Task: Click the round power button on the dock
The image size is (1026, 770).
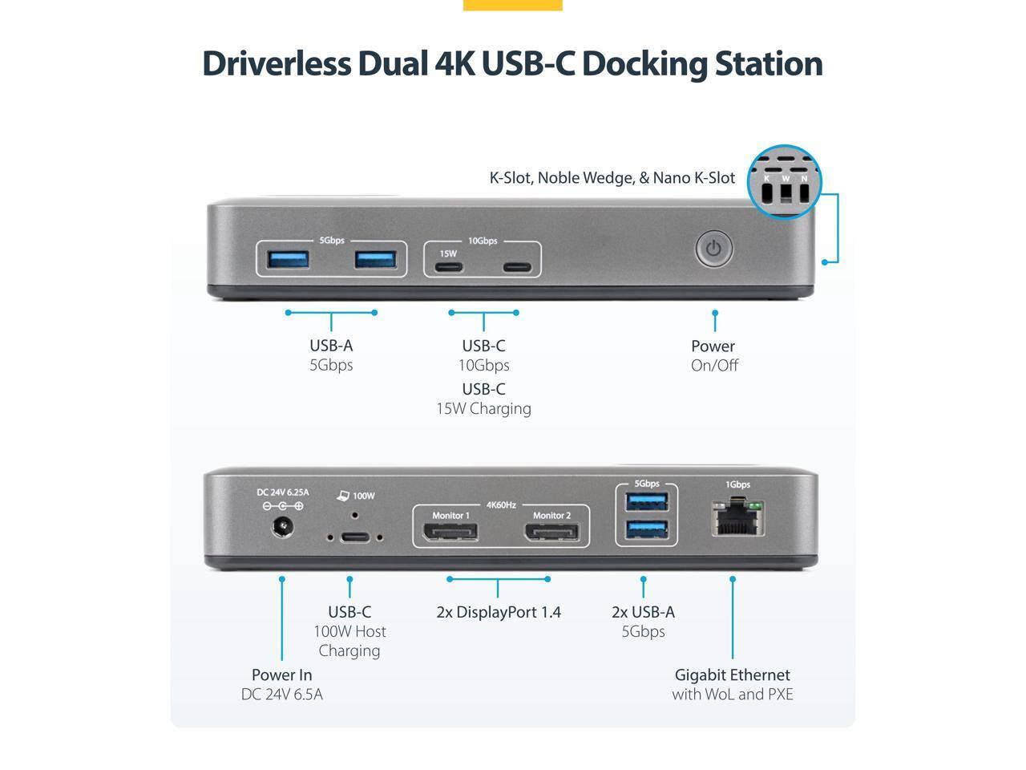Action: tap(713, 249)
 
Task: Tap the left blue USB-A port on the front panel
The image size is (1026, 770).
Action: tap(288, 259)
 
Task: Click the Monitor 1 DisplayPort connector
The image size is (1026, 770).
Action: tap(450, 531)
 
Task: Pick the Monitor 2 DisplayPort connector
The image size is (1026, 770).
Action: tap(552, 531)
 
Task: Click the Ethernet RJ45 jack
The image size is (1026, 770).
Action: tap(737, 519)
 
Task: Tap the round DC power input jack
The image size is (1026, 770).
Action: tap(282, 528)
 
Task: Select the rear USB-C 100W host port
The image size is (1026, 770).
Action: tap(354, 537)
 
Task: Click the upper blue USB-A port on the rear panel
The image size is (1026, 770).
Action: tap(647, 502)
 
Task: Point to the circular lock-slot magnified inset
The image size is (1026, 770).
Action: tap(784, 182)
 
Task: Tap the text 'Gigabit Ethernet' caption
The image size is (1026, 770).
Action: tap(732, 675)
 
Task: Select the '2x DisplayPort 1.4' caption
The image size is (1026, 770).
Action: tap(499, 613)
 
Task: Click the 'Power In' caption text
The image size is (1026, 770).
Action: tap(281, 675)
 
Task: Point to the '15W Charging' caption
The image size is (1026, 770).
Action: tap(483, 409)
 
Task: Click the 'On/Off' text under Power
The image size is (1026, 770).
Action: tap(714, 366)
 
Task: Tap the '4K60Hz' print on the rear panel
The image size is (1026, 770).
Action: tap(501, 505)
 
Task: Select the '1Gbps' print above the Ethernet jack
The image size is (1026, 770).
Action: tap(737, 484)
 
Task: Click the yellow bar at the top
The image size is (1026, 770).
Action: tap(512, 5)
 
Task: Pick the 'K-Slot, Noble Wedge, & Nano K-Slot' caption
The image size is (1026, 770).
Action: tap(612, 178)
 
